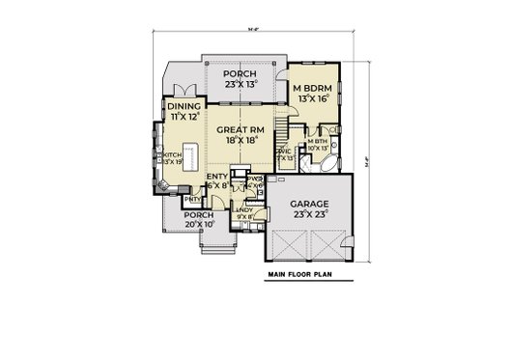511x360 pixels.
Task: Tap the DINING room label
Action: [184, 107]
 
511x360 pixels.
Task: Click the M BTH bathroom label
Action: [318, 141]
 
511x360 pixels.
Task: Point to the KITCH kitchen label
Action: [171, 154]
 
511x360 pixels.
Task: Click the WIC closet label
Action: [284, 152]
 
